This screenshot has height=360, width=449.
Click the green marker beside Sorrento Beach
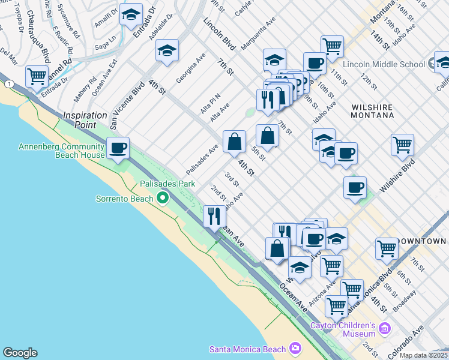(163, 198)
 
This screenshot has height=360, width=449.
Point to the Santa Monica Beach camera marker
(295, 348)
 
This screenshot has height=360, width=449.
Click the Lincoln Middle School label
(385, 64)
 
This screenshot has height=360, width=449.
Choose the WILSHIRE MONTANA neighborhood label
(372, 112)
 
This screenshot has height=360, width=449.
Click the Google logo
(20, 353)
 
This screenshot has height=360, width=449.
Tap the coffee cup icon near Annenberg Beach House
(118, 147)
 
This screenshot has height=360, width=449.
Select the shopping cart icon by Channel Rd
(37, 76)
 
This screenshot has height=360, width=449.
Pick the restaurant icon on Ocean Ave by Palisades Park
(214, 216)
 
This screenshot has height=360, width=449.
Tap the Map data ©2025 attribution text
(423, 355)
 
